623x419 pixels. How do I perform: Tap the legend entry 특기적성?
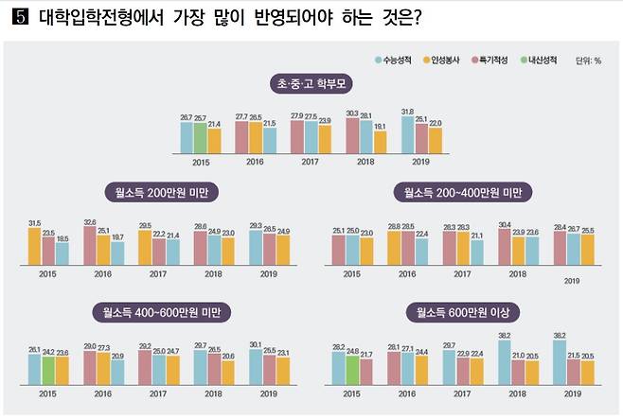pyautogui.click(x=492, y=60)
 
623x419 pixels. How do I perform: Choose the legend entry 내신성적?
pyautogui.click(x=542, y=60)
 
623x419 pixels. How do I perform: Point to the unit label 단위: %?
pyautogui.click(x=588, y=61)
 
